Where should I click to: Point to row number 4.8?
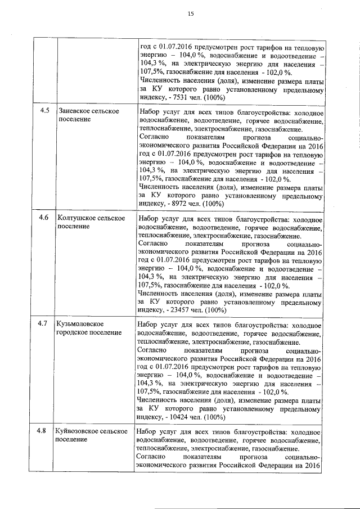(43, 431)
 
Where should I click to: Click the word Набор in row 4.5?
(148, 111)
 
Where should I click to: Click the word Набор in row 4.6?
(148, 218)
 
